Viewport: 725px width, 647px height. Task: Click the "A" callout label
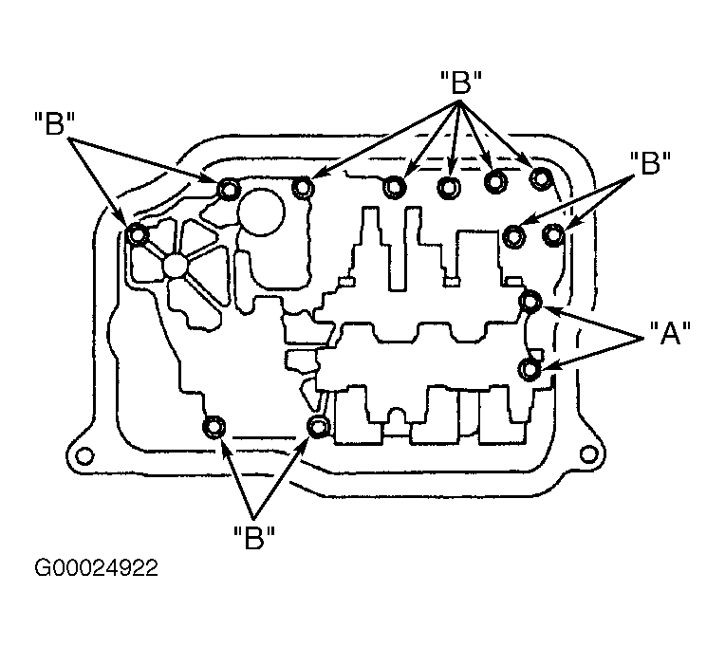[670, 333]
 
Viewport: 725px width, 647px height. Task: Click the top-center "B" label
[461, 83]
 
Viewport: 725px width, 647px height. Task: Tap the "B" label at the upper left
[54, 123]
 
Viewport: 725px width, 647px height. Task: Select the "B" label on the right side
[650, 162]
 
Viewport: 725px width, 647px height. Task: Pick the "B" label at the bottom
[253, 538]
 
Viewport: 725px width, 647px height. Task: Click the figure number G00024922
[96, 568]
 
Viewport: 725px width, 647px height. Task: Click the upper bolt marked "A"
[530, 302]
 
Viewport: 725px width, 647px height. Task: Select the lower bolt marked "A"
[530, 370]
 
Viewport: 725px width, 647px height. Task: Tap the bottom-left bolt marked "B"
[214, 428]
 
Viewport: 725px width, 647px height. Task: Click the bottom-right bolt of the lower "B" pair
[318, 426]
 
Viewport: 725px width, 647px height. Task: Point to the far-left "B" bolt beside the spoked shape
[137, 234]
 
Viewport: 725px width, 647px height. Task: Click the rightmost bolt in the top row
[540, 178]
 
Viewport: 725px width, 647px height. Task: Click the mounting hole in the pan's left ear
[84, 456]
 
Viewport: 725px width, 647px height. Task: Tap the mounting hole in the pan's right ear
[587, 454]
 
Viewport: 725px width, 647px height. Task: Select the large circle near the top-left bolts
[261, 213]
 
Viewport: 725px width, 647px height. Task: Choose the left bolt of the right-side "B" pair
[514, 235]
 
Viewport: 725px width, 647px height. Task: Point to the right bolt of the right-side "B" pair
[553, 234]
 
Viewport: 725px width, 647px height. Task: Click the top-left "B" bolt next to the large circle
[229, 189]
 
